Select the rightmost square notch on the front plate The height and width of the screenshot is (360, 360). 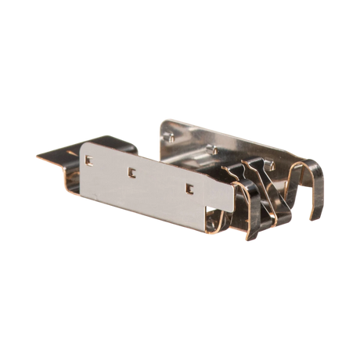[x=189, y=187]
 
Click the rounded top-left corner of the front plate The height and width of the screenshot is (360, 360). [x=85, y=145]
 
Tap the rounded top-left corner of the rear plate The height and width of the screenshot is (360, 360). [x=163, y=120]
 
